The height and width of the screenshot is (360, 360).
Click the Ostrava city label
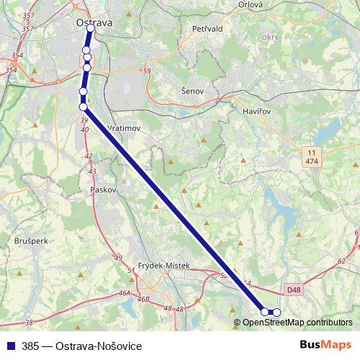[x=94, y=23]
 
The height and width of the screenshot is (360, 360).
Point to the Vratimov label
[x=122, y=127]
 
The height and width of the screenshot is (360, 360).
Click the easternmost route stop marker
[x=276, y=312]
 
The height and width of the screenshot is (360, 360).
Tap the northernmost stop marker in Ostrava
[x=91, y=30]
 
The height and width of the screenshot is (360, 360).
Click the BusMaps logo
[x=326, y=346]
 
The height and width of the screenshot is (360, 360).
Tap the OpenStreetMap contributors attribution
[x=297, y=323]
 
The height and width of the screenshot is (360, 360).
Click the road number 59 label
[x=147, y=71]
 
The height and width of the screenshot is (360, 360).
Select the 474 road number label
[x=312, y=162]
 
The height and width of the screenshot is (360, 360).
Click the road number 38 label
[x=29, y=323]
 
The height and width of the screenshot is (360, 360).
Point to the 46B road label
[x=143, y=298]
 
